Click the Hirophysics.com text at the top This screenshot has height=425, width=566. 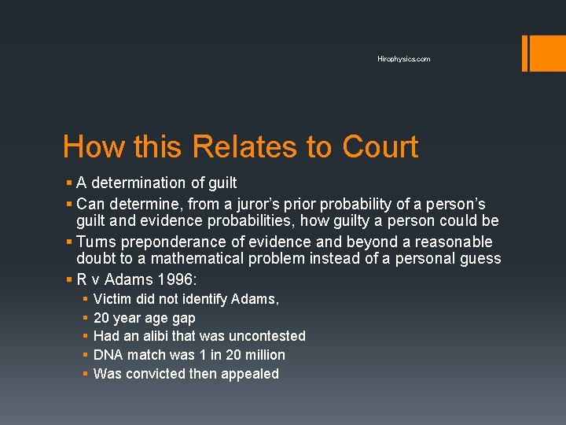403,59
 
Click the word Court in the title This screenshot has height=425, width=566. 380,147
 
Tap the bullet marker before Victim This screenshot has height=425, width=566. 84,299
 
